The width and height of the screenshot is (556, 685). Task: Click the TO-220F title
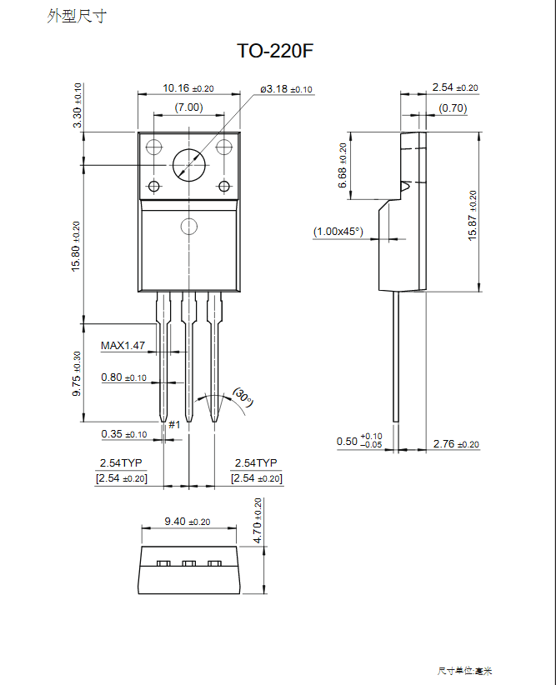click(275, 52)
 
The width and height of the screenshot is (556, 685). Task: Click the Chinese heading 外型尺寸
click(77, 16)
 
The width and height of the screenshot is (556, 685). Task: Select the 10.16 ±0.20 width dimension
click(188, 88)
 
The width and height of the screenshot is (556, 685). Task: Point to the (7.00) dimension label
click(188, 107)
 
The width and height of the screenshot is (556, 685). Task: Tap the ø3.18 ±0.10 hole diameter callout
click(286, 88)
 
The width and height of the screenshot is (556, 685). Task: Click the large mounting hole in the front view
click(189, 165)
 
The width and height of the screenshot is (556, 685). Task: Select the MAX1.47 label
click(123, 345)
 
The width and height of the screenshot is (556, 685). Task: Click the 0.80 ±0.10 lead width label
click(123, 377)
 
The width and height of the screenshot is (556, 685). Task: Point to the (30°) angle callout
click(243, 397)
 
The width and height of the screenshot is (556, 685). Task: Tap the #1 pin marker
click(174, 425)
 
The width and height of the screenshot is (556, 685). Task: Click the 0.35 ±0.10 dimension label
click(123, 434)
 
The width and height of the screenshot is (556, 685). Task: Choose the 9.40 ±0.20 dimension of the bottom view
click(188, 522)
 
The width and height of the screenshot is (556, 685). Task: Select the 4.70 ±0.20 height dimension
click(258, 521)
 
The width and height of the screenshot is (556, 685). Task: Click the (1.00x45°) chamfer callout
click(338, 231)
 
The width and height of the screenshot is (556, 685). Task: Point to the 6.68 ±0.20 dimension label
click(342, 166)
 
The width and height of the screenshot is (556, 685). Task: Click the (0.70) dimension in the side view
click(453, 108)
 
